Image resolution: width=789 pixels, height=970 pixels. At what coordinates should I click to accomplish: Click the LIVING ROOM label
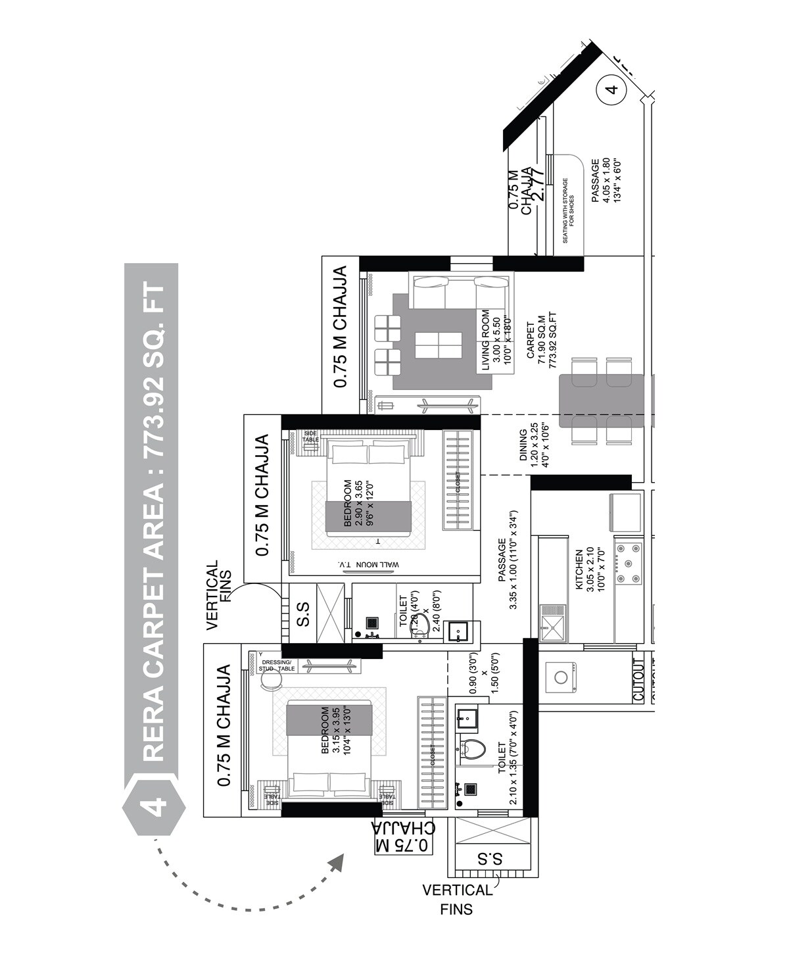point(486,340)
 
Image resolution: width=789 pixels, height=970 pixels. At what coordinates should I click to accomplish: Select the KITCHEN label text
point(579,570)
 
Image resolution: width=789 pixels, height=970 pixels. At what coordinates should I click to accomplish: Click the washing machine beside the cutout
point(561,677)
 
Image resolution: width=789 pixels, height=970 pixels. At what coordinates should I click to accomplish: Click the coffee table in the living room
point(437,345)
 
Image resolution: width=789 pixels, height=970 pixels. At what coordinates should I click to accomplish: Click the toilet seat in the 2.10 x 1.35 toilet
point(473,748)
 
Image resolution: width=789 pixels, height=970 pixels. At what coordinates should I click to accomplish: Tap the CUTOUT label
point(638,679)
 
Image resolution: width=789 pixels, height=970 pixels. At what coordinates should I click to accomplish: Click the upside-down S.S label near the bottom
point(490,858)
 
